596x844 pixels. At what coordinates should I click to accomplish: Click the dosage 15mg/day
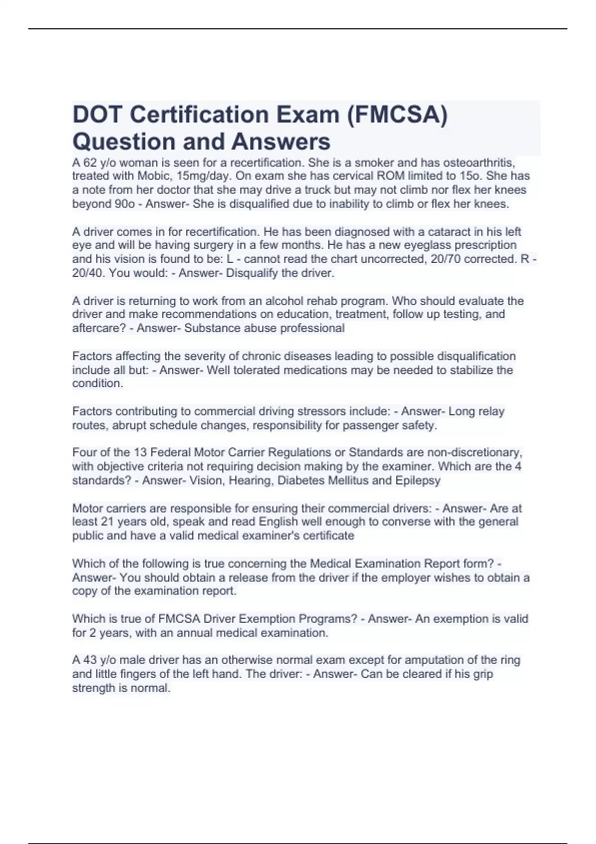tap(203, 176)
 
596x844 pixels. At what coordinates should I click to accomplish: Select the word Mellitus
tap(347, 481)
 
